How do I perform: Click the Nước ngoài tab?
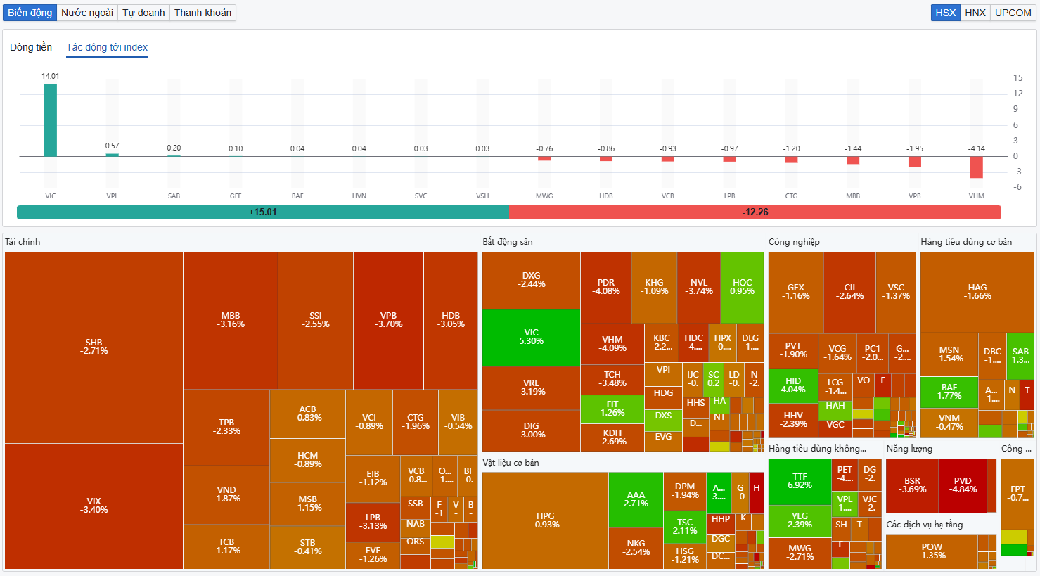87,13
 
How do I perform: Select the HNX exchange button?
975,13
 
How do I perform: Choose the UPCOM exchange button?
1013,13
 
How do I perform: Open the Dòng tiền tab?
31,47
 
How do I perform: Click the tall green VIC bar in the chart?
51,120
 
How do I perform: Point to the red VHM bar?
976,167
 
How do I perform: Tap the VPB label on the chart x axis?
914,196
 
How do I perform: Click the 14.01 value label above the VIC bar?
51,76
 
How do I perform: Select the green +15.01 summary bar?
262,212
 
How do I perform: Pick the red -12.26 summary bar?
755,212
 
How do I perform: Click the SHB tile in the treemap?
94,347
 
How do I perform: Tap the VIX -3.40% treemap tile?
94,506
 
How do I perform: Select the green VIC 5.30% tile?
531,337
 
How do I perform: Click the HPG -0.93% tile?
545,520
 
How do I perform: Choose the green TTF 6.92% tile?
800,481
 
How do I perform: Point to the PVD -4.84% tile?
963,485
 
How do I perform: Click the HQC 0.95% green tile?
742,287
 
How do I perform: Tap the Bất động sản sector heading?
508,242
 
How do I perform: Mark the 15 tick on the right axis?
1017,78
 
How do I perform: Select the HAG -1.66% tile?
977,292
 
